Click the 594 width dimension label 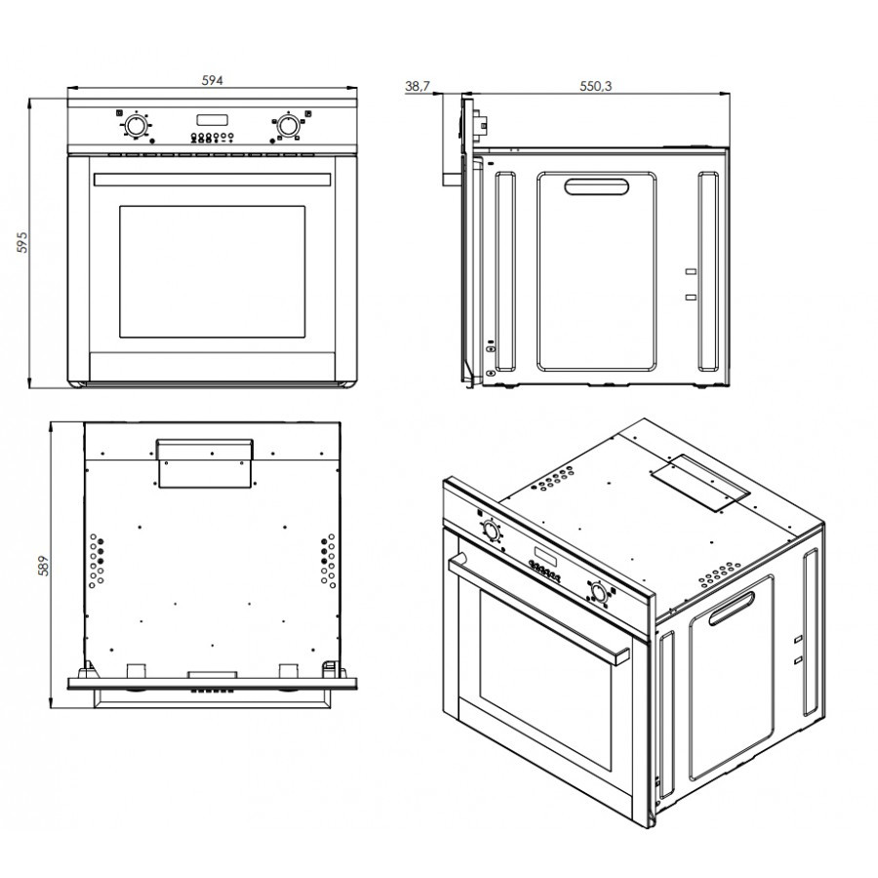[x=213, y=81]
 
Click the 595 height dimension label [x=21, y=242]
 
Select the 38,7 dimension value [x=417, y=86]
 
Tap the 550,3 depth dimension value [x=595, y=86]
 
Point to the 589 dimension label [x=42, y=565]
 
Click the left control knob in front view [x=136, y=127]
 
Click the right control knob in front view [x=287, y=127]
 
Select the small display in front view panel [x=211, y=121]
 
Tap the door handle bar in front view [x=212, y=180]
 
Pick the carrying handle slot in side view [x=596, y=187]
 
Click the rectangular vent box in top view [x=205, y=460]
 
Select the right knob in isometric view [x=599, y=591]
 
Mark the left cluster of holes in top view [x=99, y=559]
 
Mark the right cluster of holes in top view [x=327, y=559]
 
